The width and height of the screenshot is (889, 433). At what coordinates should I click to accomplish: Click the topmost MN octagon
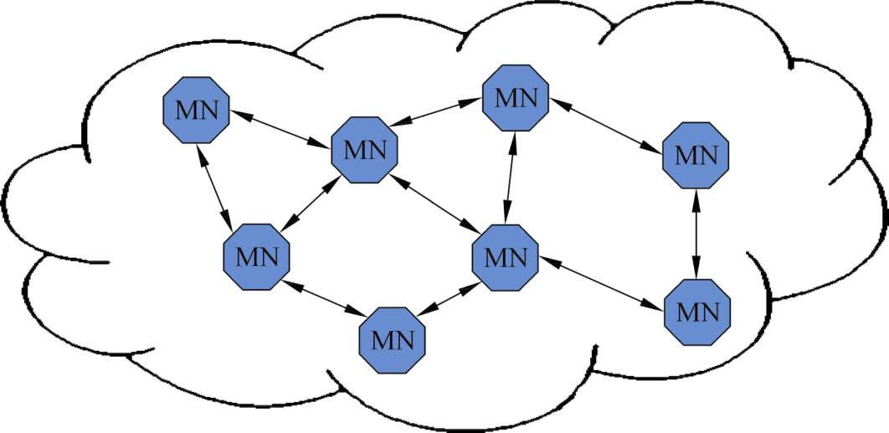point(516,98)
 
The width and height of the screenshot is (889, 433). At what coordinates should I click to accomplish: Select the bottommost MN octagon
point(393,340)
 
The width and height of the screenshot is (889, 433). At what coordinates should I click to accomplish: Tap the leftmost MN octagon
point(195,110)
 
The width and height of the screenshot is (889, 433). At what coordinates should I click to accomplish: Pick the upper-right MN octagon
point(696,155)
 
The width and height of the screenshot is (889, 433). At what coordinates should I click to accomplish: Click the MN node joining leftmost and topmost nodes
point(365,152)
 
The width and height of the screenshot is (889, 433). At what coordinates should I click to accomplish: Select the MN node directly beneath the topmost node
point(506,255)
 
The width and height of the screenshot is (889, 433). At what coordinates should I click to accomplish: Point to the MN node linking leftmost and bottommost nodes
point(256,257)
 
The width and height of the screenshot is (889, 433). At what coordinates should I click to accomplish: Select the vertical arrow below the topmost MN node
point(511,177)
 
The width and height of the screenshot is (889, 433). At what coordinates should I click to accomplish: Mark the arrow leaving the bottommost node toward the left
point(323,298)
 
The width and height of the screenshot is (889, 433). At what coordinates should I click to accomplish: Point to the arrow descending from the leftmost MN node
point(213,183)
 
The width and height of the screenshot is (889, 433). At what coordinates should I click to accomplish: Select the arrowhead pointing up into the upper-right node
point(696,198)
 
